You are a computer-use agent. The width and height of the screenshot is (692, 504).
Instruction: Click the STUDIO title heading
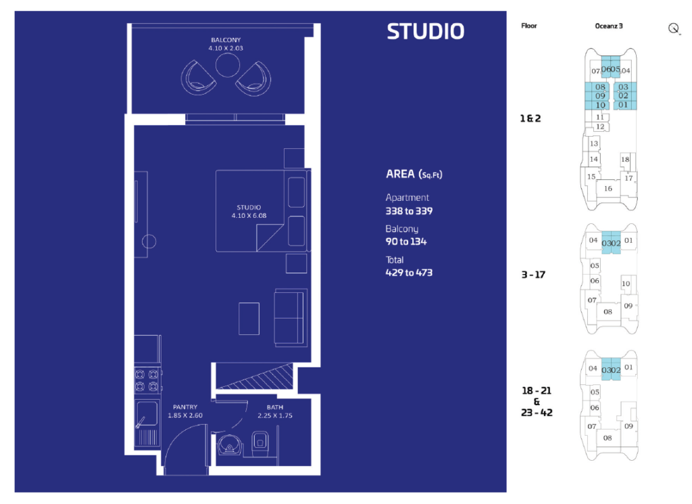coord(426,31)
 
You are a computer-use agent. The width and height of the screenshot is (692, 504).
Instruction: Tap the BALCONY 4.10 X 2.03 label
coord(226,44)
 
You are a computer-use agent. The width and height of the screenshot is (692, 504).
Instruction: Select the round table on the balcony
coord(228,65)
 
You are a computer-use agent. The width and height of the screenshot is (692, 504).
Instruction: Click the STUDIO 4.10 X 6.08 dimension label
coord(249,211)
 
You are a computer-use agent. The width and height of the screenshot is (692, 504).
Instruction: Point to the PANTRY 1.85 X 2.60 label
coord(185,411)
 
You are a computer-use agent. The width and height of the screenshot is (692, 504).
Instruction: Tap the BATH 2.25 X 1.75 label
coord(275,411)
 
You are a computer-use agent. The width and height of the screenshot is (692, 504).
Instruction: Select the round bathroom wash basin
coord(230,445)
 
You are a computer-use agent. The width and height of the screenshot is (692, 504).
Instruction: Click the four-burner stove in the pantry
coord(147,380)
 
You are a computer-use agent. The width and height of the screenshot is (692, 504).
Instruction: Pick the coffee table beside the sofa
coord(249,319)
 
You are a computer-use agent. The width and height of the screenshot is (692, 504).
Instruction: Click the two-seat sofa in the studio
coord(291,317)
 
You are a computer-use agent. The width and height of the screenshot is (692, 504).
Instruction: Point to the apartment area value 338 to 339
coord(409,211)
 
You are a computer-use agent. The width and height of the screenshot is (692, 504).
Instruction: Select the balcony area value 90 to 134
coord(406,242)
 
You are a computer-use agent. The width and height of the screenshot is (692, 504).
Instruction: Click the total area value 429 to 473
coord(409,273)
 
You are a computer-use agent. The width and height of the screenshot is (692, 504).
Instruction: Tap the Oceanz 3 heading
coord(609,26)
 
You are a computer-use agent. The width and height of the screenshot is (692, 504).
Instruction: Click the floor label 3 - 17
coord(533,275)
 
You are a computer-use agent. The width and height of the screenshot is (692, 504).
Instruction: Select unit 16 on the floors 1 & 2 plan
coord(608,189)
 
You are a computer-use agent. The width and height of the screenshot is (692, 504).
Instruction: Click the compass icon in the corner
coord(674,28)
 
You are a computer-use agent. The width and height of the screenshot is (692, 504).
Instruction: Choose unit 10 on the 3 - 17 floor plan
coord(626,283)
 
